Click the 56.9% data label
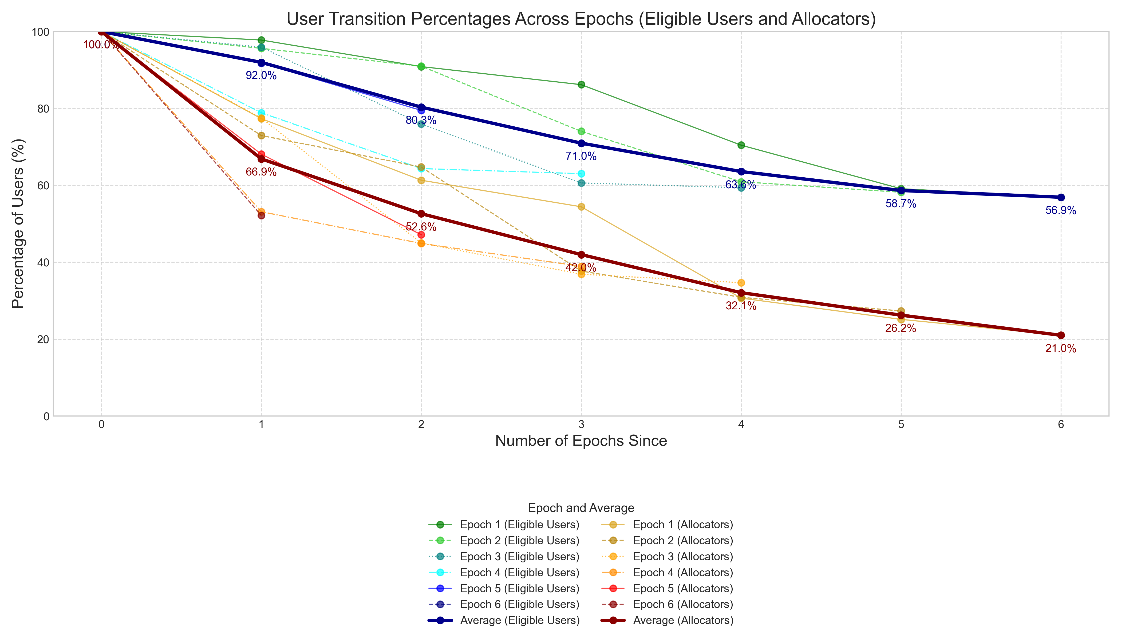pyautogui.click(x=1060, y=211)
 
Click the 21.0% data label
pyautogui.click(x=1060, y=349)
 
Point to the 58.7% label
pyautogui.click(x=901, y=204)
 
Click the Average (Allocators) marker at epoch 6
pyautogui.click(x=1061, y=335)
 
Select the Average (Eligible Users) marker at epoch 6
pyautogui.click(x=1061, y=197)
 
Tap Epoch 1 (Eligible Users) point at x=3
pyautogui.click(x=581, y=85)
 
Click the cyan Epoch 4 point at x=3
pyautogui.click(x=581, y=174)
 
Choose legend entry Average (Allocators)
pyautogui.click(x=683, y=621)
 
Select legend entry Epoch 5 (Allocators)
pyautogui.click(x=683, y=589)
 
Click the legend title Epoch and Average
pyautogui.click(x=581, y=508)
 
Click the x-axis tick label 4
pyautogui.click(x=741, y=425)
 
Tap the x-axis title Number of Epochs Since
pyautogui.click(x=581, y=441)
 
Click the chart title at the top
pyautogui.click(x=581, y=19)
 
